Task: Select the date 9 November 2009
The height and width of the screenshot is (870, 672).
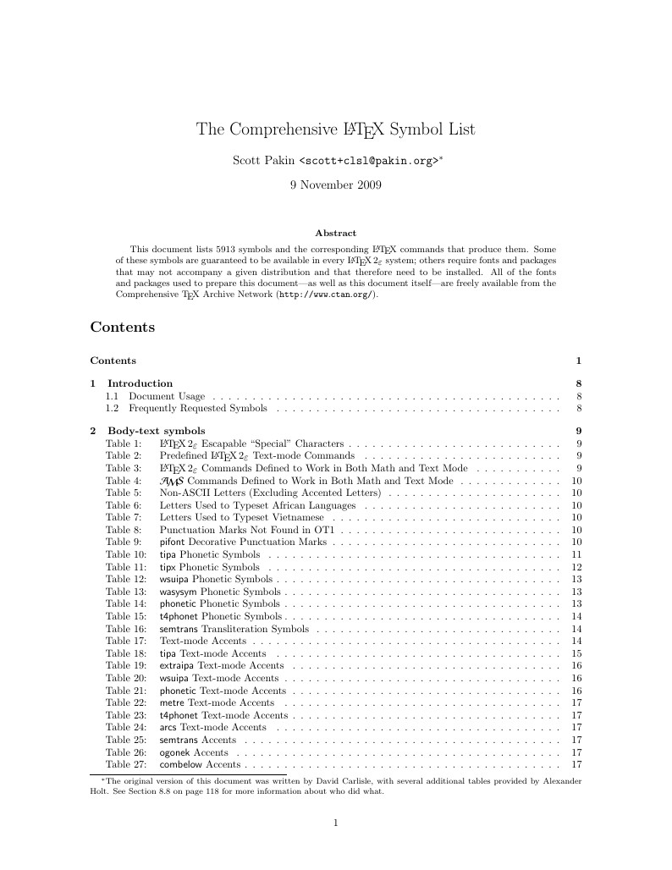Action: [335, 184]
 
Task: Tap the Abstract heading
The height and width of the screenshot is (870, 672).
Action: [335, 233]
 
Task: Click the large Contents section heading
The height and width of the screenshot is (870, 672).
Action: [122, 327]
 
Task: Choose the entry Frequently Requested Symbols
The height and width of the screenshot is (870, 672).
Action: [197, 409]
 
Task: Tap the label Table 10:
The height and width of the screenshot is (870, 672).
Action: [124, 554]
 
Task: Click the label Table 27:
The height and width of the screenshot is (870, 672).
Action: [124, 765]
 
